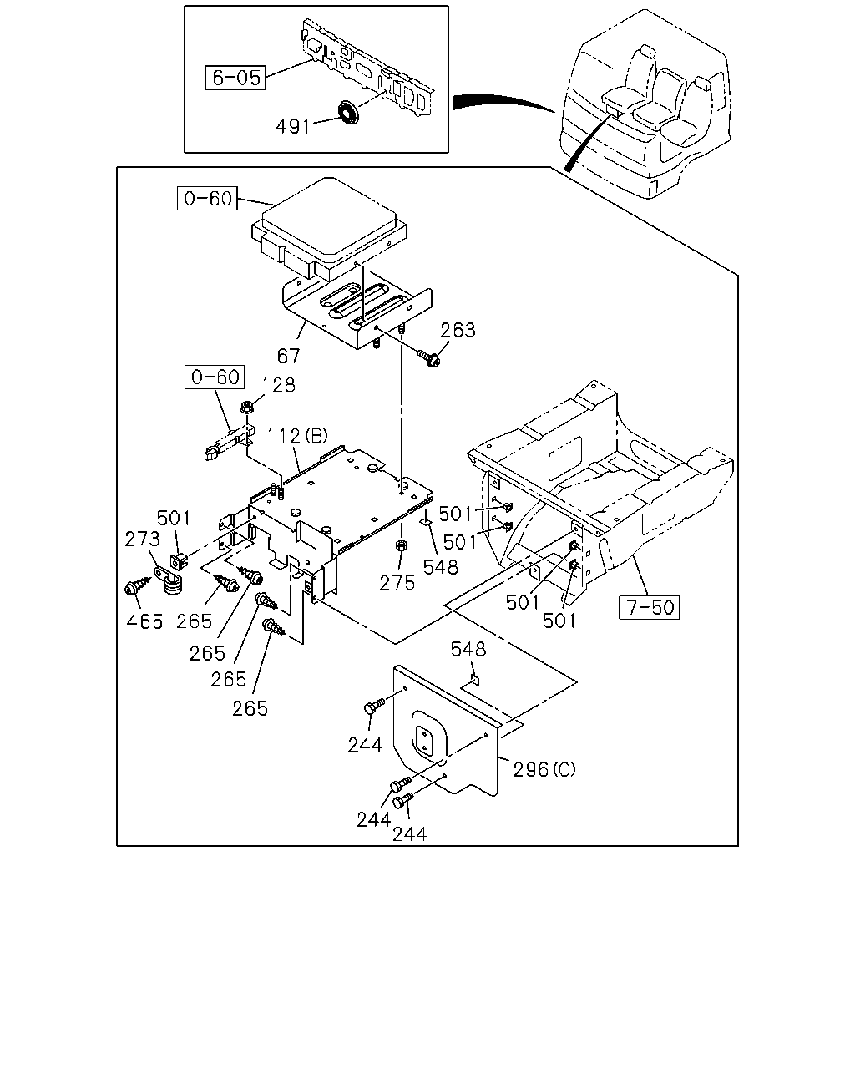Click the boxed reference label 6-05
click(x=235, y=78)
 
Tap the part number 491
click(x=292, y=127)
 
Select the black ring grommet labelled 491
click(x=349, y=112)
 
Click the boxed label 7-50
click(x=649, y=607)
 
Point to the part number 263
click(x=458, y=330)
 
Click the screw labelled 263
click(x=428, y=357)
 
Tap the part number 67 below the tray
click(x=288, y=356)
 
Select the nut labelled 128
click(x=247, y=408)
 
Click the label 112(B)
click(x=297, y=436)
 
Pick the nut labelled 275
click(x=401, y=546)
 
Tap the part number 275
click(x=397, y=583)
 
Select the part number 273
click(x=142, y=539)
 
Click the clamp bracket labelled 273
click(x=166, y=580)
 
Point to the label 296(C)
click(x=544, y=769)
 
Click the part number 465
click(x=144, y=621)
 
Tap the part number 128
click(x=278, y=385)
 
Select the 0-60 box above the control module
click(x=208, y=198)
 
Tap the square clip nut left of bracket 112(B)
click(x=179, y=561)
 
